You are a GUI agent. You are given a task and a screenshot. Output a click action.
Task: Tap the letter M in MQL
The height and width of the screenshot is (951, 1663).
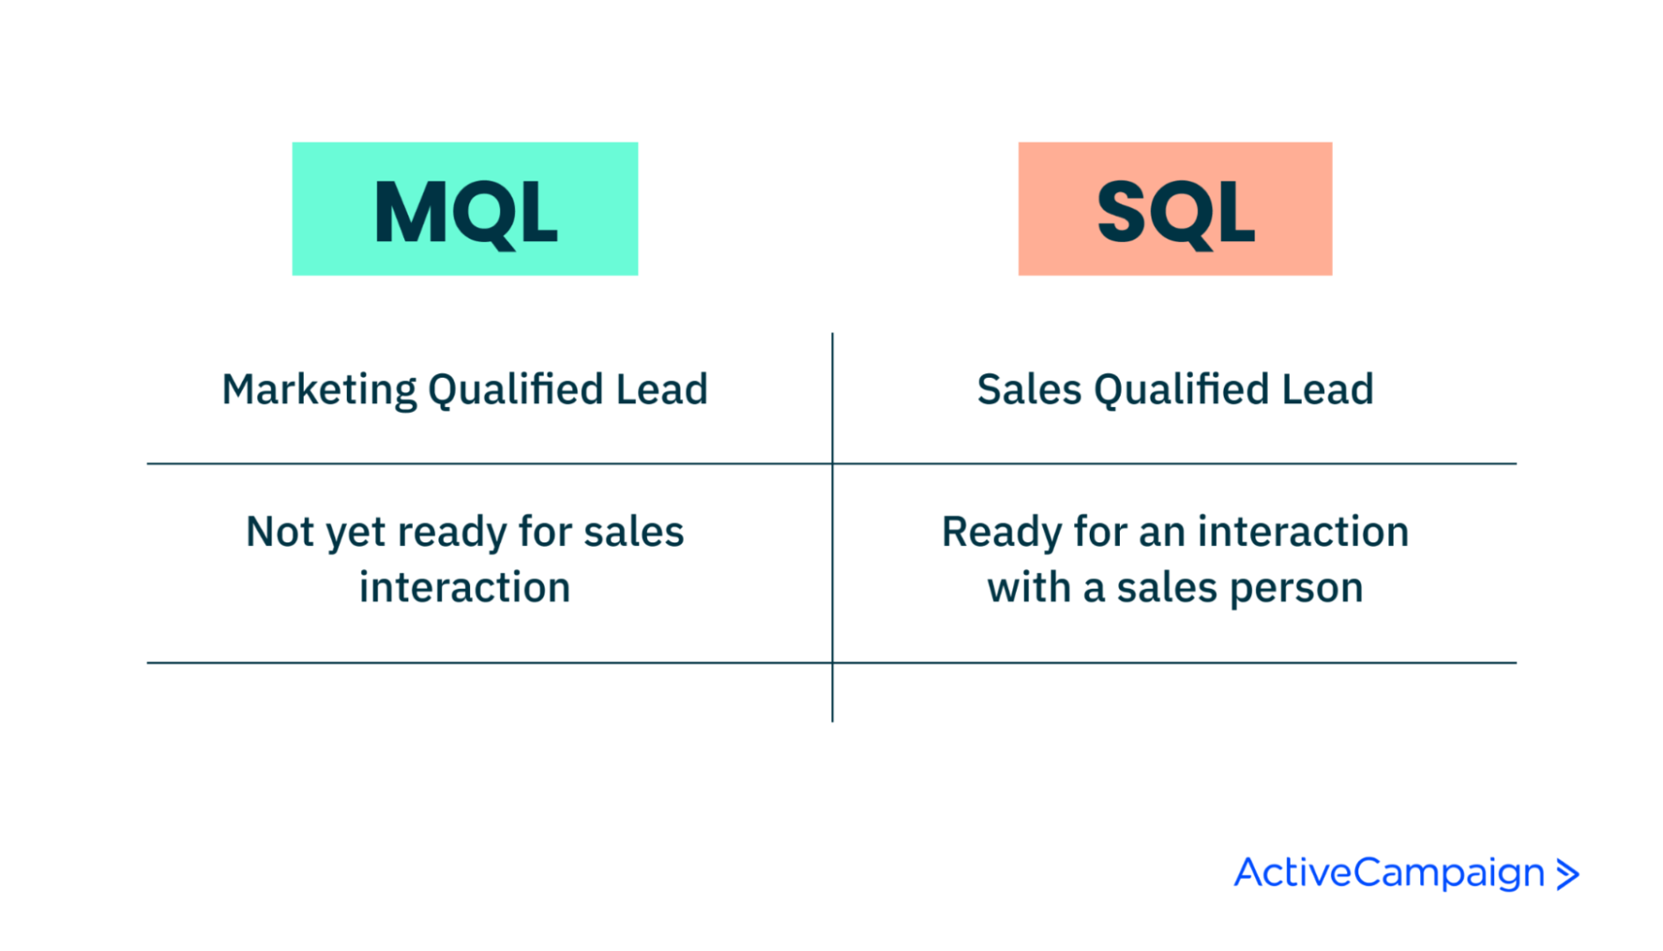coord(409,212)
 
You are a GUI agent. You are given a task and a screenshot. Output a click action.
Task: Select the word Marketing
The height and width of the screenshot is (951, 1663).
coord(319,390)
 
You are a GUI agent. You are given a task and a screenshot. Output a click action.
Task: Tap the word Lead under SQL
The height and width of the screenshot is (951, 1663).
coord(1327,389)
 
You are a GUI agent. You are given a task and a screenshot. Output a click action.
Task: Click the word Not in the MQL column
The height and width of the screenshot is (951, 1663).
coord(279,532)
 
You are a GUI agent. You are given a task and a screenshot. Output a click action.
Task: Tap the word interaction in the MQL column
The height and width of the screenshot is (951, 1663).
coord(465,587)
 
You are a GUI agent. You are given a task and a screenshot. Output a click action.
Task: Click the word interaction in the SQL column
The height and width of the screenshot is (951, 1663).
coord(1302,532)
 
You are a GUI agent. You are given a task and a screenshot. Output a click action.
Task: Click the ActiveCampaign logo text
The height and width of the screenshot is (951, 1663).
coord(1388,874)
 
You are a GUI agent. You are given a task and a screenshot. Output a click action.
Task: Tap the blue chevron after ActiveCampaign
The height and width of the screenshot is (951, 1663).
coord(1568,874)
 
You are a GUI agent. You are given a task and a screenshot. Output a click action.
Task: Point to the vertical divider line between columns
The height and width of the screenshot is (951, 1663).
coord(832,564)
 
